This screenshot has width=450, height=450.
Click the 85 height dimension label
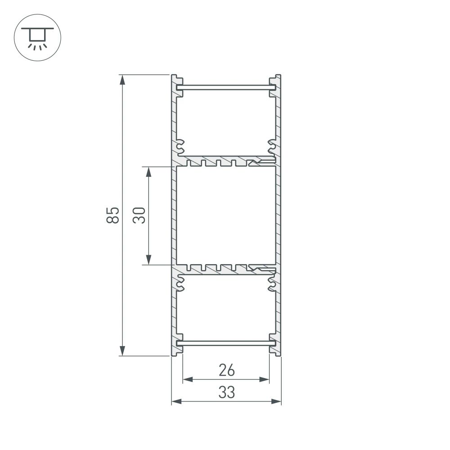113,215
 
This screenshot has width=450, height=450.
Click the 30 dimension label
139,216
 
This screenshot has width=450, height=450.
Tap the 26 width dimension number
226,370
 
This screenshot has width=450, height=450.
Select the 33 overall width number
226,393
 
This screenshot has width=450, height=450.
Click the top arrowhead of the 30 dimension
148,172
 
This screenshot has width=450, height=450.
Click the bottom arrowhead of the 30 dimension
148,259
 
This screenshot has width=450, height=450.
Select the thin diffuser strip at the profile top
226,87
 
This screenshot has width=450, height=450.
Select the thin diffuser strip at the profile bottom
226,343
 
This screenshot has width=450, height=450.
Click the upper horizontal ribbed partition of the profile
225,161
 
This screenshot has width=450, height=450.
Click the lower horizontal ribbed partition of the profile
225,269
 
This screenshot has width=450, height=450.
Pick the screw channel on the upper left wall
180,146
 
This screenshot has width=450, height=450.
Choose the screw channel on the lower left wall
180,283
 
